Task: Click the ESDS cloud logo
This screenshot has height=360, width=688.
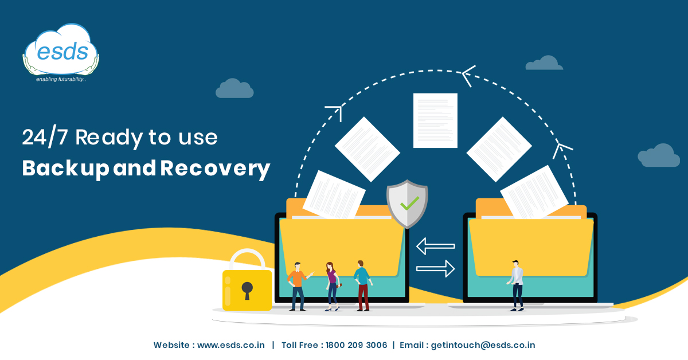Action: click(x=61, y=51)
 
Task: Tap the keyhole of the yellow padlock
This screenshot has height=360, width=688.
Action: click(x=247, y=289)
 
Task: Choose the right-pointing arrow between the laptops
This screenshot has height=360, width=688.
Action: click(x=436, y=268)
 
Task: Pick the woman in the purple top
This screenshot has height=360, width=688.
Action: click(x=331, y=285)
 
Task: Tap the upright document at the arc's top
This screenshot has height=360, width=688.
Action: click(x=435, y=120)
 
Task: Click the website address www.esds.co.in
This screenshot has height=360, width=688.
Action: click(x=231, y=345)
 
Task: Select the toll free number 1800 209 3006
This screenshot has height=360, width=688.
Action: click(x=356, y=345)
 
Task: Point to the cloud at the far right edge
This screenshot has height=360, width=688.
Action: click(x=659, y=155)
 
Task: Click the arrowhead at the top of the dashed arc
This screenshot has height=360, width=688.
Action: click(x=468, y=75)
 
